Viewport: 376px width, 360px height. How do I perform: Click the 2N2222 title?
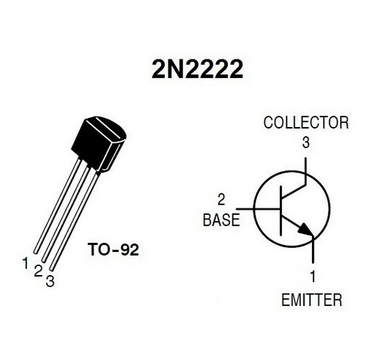point(197,69)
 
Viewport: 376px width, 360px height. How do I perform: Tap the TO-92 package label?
point(114,250)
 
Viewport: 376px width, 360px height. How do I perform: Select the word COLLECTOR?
point(306,123)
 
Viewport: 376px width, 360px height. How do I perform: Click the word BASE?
point(221,220)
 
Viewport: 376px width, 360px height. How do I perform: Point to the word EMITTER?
point(312,300)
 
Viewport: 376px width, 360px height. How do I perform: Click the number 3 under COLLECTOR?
point(306,143)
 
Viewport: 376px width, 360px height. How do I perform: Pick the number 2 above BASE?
point(221,200)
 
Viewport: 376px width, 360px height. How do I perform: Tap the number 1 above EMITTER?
point(313,277)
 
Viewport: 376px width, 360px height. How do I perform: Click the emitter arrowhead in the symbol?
point(306,228)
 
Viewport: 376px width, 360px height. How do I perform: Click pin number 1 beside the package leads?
point(26,263)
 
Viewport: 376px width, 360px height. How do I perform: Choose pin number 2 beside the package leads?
point(38,271)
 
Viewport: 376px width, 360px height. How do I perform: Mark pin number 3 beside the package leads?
point(50,281)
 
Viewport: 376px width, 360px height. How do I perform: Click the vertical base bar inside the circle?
point(280,210)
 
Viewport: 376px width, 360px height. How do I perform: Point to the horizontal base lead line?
point(258,208)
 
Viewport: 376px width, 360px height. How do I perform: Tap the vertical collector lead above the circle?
point(305,171)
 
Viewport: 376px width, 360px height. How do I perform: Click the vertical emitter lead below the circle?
point(313,250)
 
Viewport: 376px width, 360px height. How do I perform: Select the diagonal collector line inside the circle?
point(293,191)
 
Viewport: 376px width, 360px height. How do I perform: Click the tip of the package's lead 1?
point(36,252)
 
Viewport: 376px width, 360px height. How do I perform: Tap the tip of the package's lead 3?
point(52,269)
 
